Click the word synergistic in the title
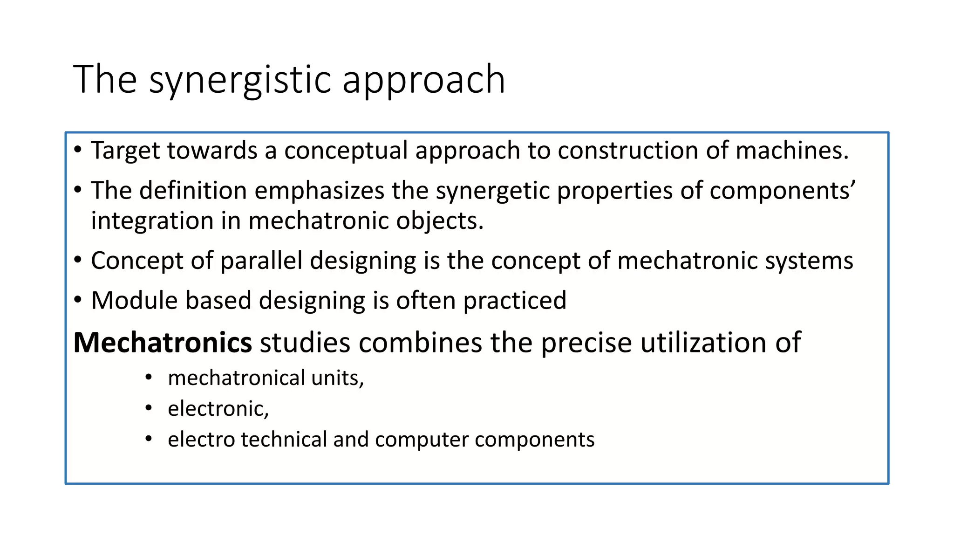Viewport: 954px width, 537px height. [x=240, y=80]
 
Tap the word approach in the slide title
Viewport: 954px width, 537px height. [x=423, y=80]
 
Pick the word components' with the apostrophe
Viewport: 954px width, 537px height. [x=783, y=191]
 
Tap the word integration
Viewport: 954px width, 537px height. [x=152, y=220]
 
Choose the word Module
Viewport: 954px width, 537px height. [x=135, y=300]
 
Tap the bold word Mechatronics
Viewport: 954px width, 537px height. [x=163, y=343]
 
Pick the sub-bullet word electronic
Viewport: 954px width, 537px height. [x=218, y=409]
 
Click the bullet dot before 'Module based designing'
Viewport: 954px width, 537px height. [x=78, y=300]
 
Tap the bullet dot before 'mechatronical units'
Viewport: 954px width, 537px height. [x=149, y=377]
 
